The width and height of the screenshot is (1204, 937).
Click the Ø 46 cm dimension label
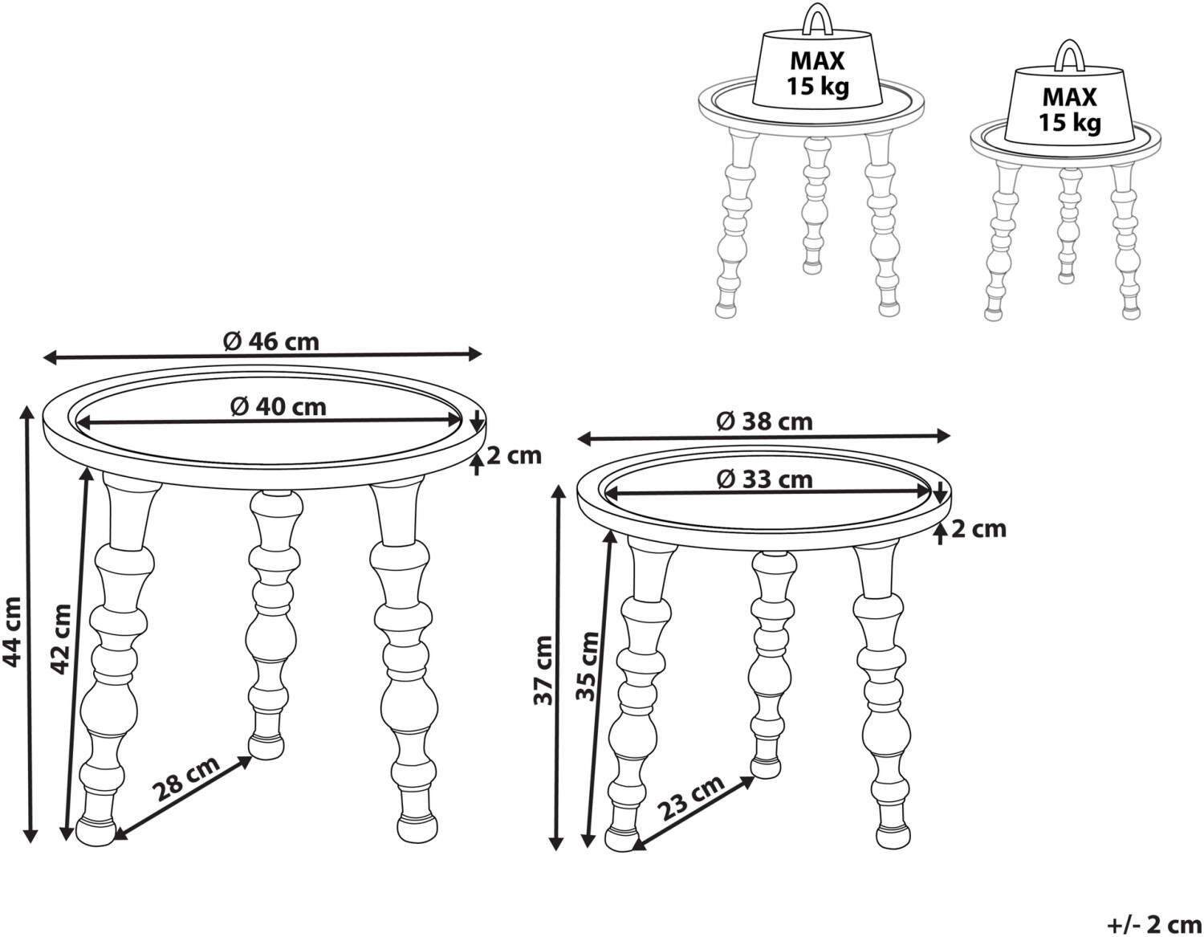click(271, 342)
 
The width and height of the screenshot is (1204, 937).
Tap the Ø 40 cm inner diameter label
click(279, 407)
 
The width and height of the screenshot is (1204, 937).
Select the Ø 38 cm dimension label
click(765, 422)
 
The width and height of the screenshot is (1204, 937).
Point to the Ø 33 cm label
click(765, 479)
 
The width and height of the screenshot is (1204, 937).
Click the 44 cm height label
click(12, 632)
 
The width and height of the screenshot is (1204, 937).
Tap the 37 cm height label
click(543, 670)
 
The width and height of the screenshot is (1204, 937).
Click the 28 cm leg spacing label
click(187, 778)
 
